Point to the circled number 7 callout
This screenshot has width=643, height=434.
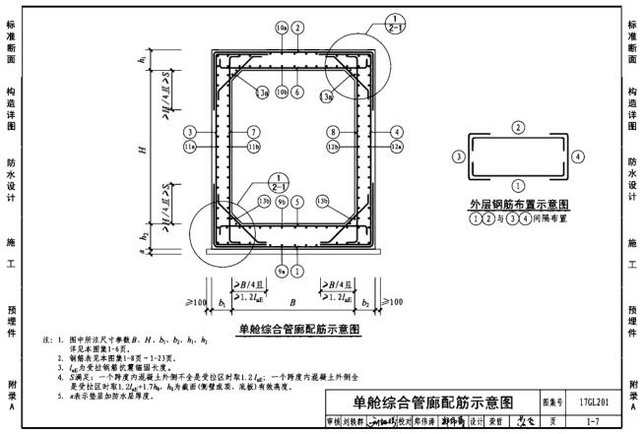click(253, 131)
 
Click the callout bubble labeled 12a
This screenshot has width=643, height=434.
click(397, 147)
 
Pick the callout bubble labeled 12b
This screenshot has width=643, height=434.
click(334, 147)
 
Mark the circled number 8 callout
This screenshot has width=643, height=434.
click(334, 131)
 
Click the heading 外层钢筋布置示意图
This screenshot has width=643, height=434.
click(519, 205)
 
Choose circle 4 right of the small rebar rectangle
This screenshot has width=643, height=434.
click(578, 155)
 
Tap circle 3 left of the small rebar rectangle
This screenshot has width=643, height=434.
click(459, 155)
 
